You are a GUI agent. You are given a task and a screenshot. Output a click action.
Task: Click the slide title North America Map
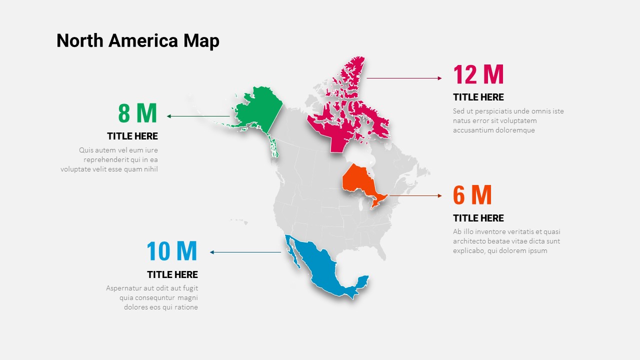tap(137, 40)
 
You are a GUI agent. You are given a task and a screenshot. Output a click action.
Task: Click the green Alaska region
tap(257, 111)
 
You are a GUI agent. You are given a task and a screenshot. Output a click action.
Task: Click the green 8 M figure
tap(137, 113)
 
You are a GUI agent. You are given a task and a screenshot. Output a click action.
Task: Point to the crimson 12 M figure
tap(478, 75)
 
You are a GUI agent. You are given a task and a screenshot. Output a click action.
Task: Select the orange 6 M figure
tap(472, 195)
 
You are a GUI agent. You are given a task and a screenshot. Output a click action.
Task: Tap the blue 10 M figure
tap(172, 251)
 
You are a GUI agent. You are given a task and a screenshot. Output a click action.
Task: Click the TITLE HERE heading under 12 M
tap(478, 97)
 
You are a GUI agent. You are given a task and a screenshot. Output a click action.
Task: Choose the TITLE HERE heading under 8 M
tap(132, 136)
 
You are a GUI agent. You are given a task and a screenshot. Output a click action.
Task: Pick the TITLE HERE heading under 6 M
tap(478, 218)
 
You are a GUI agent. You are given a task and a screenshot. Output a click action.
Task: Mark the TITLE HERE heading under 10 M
tap(172, 274)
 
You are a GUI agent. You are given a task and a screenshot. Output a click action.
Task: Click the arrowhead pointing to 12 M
tap(439, 78)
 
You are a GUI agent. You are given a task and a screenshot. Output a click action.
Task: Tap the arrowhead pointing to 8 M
tap(169, 116)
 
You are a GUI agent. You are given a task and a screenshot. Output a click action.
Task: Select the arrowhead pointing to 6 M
tap(439, 195)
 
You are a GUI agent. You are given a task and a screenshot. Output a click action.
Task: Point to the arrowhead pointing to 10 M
tap(212, 252)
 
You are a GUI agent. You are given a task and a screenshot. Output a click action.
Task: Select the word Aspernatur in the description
tap(124, 288)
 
